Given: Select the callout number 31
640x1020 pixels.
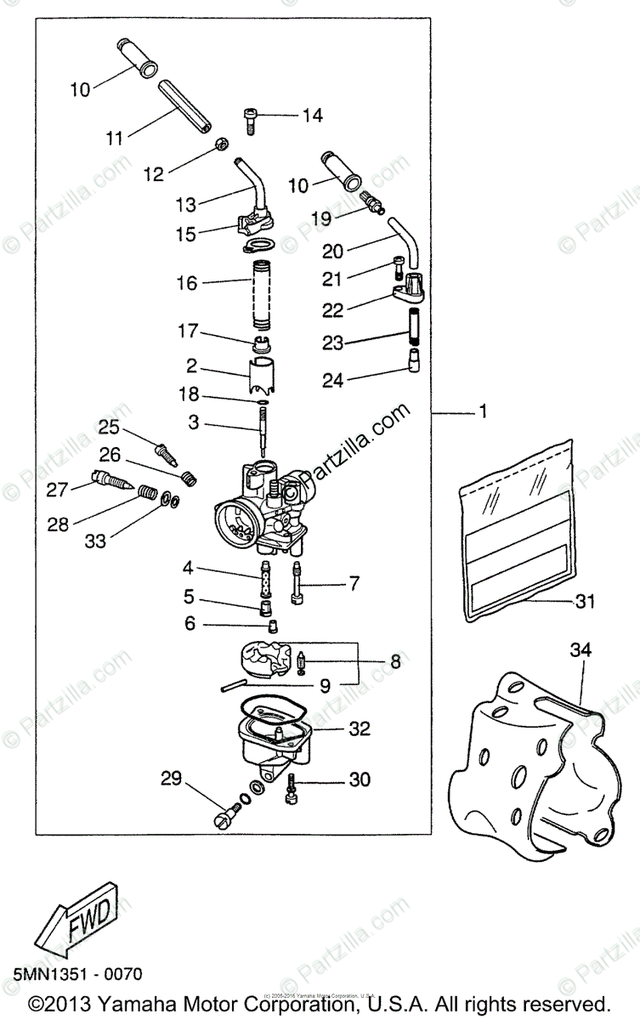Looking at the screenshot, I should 583,602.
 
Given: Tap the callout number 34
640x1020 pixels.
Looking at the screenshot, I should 580,652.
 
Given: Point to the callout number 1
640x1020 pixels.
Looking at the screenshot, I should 483,413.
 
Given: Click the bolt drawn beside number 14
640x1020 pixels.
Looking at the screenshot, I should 249,120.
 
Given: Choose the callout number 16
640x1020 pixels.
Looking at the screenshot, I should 187,283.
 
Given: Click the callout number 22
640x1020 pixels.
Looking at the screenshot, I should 335,310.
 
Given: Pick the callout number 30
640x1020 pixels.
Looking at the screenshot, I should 360,779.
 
